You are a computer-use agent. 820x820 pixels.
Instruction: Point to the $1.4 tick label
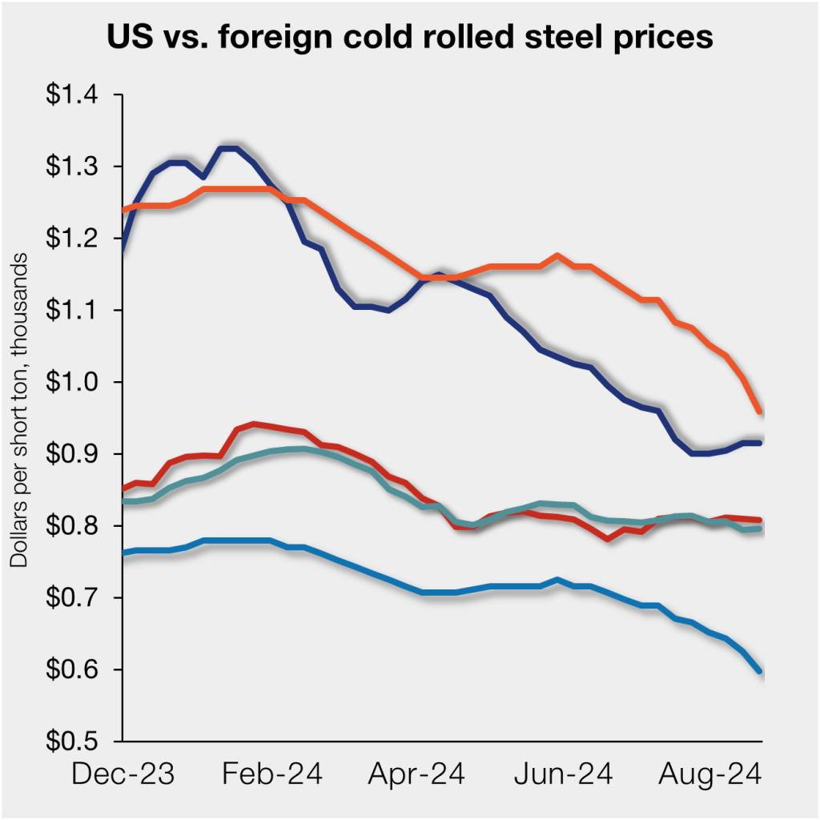tap(77, 95)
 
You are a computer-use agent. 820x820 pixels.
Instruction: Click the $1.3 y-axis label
tap(77, 167)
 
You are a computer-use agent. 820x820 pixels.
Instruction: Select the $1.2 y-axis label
tap(77, 239)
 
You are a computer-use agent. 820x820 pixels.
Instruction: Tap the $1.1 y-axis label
tap(77, 310)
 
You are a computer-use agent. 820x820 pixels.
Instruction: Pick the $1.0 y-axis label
tap(77, 382)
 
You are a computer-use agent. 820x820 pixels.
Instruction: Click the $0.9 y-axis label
tap(77, 454)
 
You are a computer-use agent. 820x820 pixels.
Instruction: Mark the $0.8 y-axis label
tap(77, 526)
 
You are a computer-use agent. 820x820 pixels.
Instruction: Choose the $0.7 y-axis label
tap(77, 598)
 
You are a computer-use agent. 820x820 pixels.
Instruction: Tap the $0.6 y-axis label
tap(77, 669)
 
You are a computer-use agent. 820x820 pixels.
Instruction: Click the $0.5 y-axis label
tap(77, 742)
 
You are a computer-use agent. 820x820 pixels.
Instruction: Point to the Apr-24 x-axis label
tap(416, 774)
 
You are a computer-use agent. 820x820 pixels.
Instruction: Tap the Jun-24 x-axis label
tap(563, 774)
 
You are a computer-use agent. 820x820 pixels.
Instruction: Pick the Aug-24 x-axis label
tap(709, 774)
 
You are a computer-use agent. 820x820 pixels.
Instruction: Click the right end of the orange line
tap(759, 412)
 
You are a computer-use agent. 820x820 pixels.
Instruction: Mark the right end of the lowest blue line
tap(759, 671)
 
